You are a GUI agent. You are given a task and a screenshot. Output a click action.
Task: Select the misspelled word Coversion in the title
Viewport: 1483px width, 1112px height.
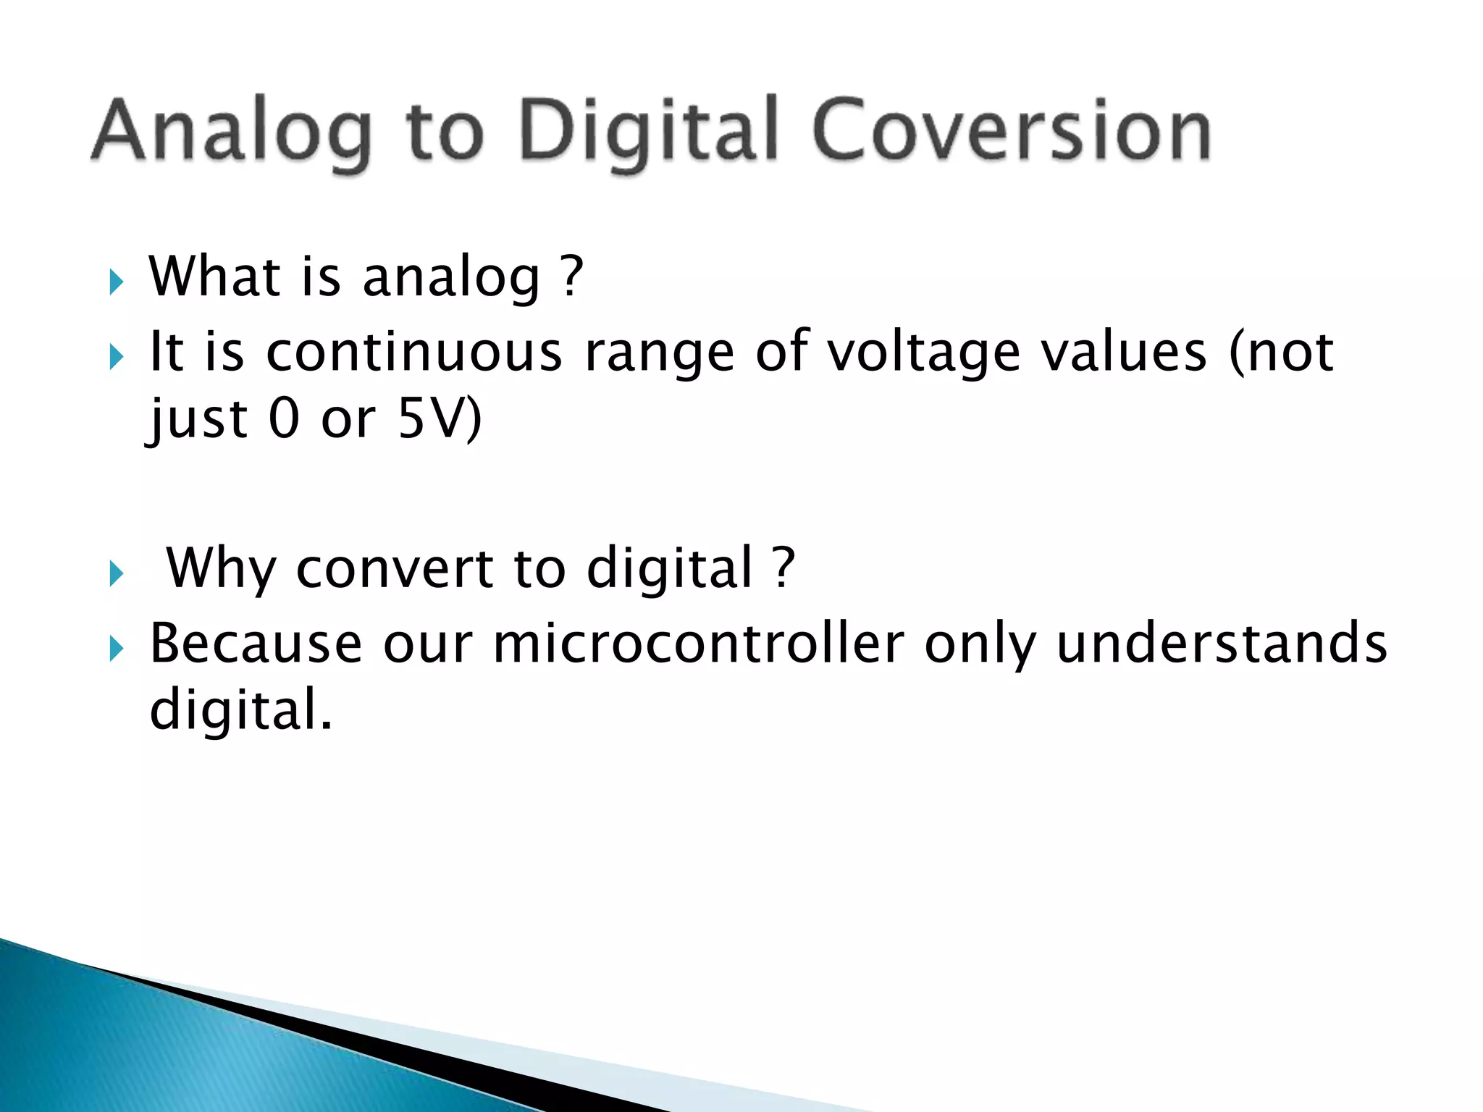coord(1011,130)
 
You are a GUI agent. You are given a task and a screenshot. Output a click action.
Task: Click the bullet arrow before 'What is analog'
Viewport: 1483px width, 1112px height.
coord(116,282)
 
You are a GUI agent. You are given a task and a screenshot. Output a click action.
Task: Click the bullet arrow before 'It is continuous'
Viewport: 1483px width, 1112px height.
coord(116,356)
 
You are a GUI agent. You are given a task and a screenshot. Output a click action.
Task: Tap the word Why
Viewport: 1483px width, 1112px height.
coord(222,569)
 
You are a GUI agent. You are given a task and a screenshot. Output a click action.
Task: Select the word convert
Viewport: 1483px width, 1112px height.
coord(395,569)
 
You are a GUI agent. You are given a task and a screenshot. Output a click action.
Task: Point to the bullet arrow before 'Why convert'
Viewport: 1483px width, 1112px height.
coord(116,574)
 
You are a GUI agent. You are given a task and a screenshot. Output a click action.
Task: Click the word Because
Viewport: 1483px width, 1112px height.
coord(256,643)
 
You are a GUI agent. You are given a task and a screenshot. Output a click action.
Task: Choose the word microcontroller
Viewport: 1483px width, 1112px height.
coord(699,643)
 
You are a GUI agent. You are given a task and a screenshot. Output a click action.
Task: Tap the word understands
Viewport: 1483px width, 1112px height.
coord(1222,643)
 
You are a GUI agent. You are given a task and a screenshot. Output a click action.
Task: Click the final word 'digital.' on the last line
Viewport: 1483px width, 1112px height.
coord(240,709)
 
